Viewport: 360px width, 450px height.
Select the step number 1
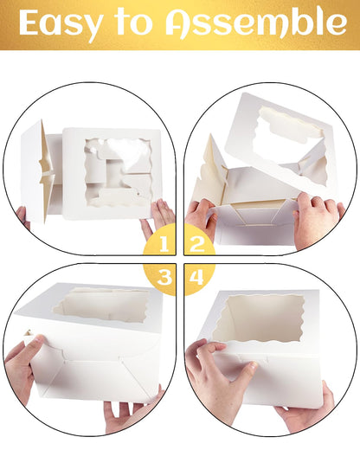point(164,243)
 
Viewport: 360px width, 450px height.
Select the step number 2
point(197,243)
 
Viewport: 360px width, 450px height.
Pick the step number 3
point(164,277)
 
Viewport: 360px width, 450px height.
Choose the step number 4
point(197,277)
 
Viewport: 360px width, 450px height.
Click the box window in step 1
point(119,172)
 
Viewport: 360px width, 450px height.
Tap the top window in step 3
point(101,305)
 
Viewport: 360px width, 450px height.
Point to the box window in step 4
point(259,319)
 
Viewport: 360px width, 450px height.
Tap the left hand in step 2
point(201,218)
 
